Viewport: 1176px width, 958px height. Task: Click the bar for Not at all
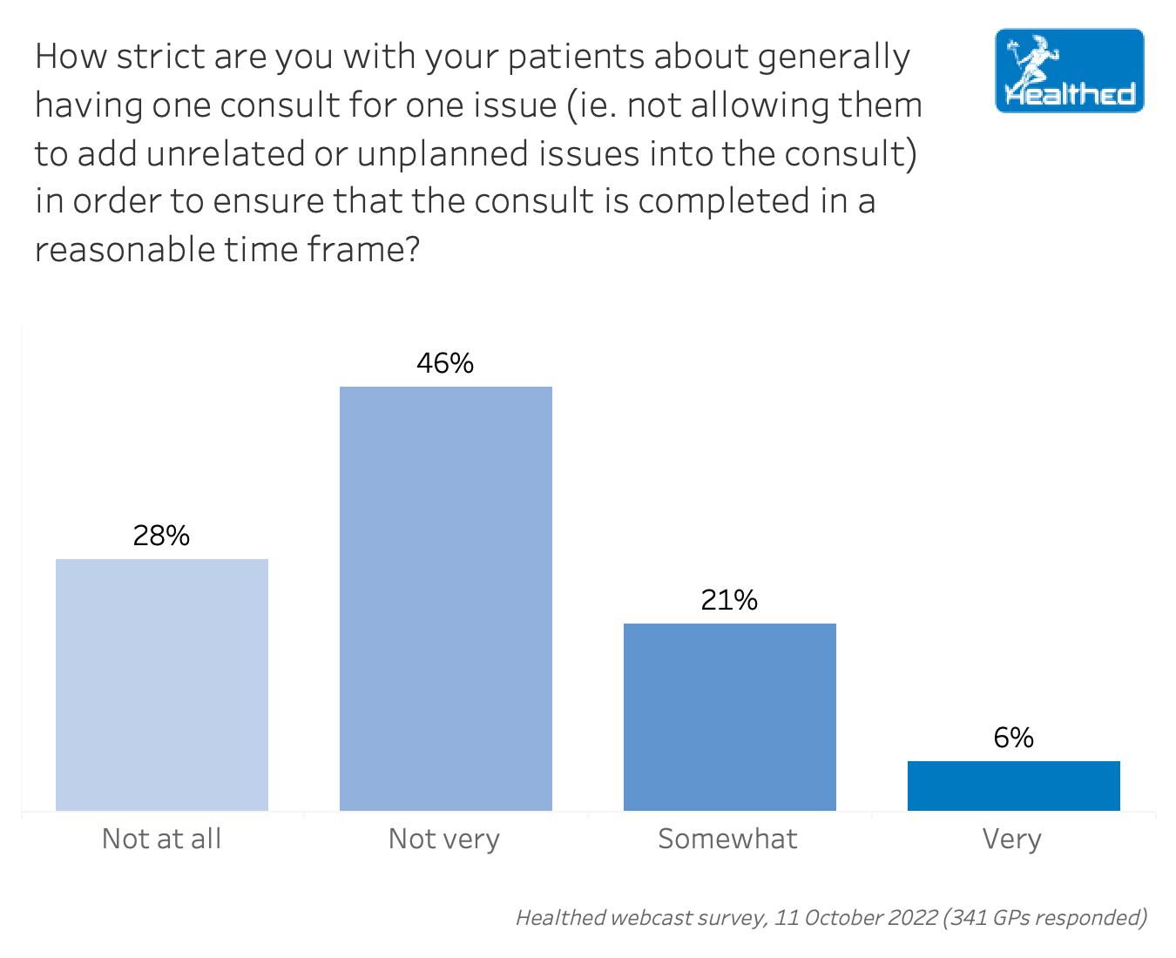coord(162,685)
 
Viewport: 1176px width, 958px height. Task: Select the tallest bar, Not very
coord(446,598)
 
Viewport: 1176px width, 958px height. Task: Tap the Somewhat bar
coord(730,717)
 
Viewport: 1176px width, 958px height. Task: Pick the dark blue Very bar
coord(1013,786)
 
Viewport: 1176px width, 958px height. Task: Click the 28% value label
coord(162,536)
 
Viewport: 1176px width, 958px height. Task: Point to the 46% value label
coord(445,363)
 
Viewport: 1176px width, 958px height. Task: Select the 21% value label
coord(729,600)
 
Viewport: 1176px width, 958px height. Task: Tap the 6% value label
coord(1013,738)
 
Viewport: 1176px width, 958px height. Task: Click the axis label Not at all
coord(162,839)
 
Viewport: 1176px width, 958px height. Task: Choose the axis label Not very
coord(444,839)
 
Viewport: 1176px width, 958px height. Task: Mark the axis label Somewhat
coord(727,839)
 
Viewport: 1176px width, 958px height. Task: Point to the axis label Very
coord(1012,839)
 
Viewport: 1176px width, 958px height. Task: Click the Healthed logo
coord(1070,71)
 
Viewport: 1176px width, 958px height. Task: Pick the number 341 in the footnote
coord(967,917)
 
